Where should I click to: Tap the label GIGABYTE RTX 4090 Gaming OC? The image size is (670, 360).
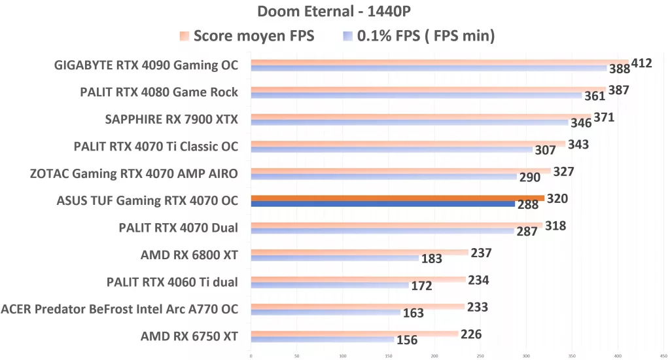[147, 65]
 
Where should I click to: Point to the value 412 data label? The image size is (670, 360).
[641, 63]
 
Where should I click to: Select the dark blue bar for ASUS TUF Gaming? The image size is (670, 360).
[383, 204]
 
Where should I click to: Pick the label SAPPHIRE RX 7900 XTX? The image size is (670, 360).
[171, 119]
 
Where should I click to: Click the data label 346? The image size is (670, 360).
[580, 123]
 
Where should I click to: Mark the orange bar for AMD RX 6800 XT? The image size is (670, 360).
[359, 252]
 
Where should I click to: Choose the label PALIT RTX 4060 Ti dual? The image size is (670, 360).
[172, 282]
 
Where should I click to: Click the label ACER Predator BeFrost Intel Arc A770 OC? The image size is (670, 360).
[120, 309]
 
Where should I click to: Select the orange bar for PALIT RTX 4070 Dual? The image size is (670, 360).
[397, 225]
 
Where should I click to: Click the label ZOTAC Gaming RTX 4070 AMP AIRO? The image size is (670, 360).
[134, 173]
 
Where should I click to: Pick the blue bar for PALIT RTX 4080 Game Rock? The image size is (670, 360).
[416, 96]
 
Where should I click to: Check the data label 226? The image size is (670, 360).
[471, 334]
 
